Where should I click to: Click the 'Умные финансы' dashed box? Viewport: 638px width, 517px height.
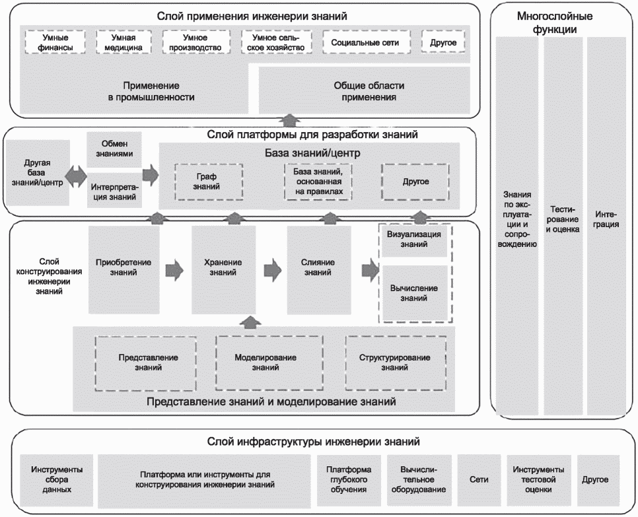click(x=55, y=42)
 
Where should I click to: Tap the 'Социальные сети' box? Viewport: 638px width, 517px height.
click(x=365, y=42)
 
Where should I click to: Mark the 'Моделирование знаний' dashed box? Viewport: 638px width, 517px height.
click(x=265, y=362)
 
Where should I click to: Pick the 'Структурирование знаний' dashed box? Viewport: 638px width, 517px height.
click(x=395, y=362)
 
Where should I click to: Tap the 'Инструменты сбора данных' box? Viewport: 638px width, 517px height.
click(x=56, y=480)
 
